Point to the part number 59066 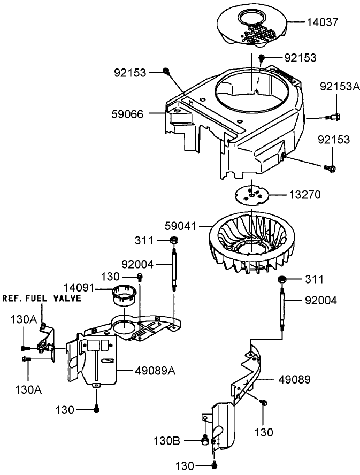(128, 113)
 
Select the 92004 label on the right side (321, 301)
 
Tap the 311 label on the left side (145, 240)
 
